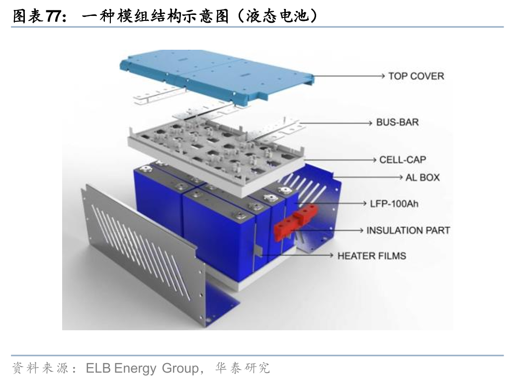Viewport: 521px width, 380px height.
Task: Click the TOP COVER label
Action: coord(416,76)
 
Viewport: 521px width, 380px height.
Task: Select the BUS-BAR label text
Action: coord(397,122)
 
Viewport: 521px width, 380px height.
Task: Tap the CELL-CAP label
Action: coord(402,160)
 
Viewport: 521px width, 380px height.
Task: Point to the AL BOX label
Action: coord(422,177)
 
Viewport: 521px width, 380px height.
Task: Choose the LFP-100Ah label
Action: coord(394,203)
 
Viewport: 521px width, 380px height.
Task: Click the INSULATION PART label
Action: coord(408,230)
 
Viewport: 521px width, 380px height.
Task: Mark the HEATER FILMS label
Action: coord(371,256)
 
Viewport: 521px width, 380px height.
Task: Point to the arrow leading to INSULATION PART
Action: coord(333,230)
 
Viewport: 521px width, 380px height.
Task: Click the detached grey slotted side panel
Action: coord(144,249)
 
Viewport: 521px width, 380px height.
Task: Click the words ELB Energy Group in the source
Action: coord(142,369)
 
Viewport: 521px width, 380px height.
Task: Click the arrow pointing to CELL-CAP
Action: coord(338,160)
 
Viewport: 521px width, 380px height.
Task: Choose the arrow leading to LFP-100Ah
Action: coord(333,203)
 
